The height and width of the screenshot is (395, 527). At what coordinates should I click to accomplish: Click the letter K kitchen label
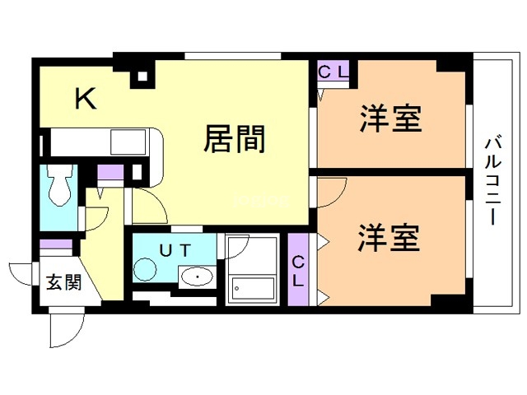(x=86, y=100)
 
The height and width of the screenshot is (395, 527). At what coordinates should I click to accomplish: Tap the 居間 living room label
(x=235, y=139)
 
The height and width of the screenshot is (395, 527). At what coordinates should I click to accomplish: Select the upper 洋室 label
(x=390, y=120)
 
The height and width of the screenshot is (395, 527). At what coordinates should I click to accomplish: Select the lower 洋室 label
(x=389, y=238)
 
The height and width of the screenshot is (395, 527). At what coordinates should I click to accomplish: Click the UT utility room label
(x=175, y=249)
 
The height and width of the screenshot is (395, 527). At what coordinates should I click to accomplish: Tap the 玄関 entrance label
(x=63, y=284)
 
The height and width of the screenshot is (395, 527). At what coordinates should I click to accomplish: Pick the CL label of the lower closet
(x=298, y=271)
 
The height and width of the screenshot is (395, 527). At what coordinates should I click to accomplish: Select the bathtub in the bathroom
(x=254, y=286)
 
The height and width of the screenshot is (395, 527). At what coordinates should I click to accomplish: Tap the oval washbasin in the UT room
(x=198, y=278)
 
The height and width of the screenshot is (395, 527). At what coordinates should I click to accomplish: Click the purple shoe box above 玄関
(x=57, y=245)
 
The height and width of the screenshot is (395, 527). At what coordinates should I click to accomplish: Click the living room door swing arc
(x=147, y=202)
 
